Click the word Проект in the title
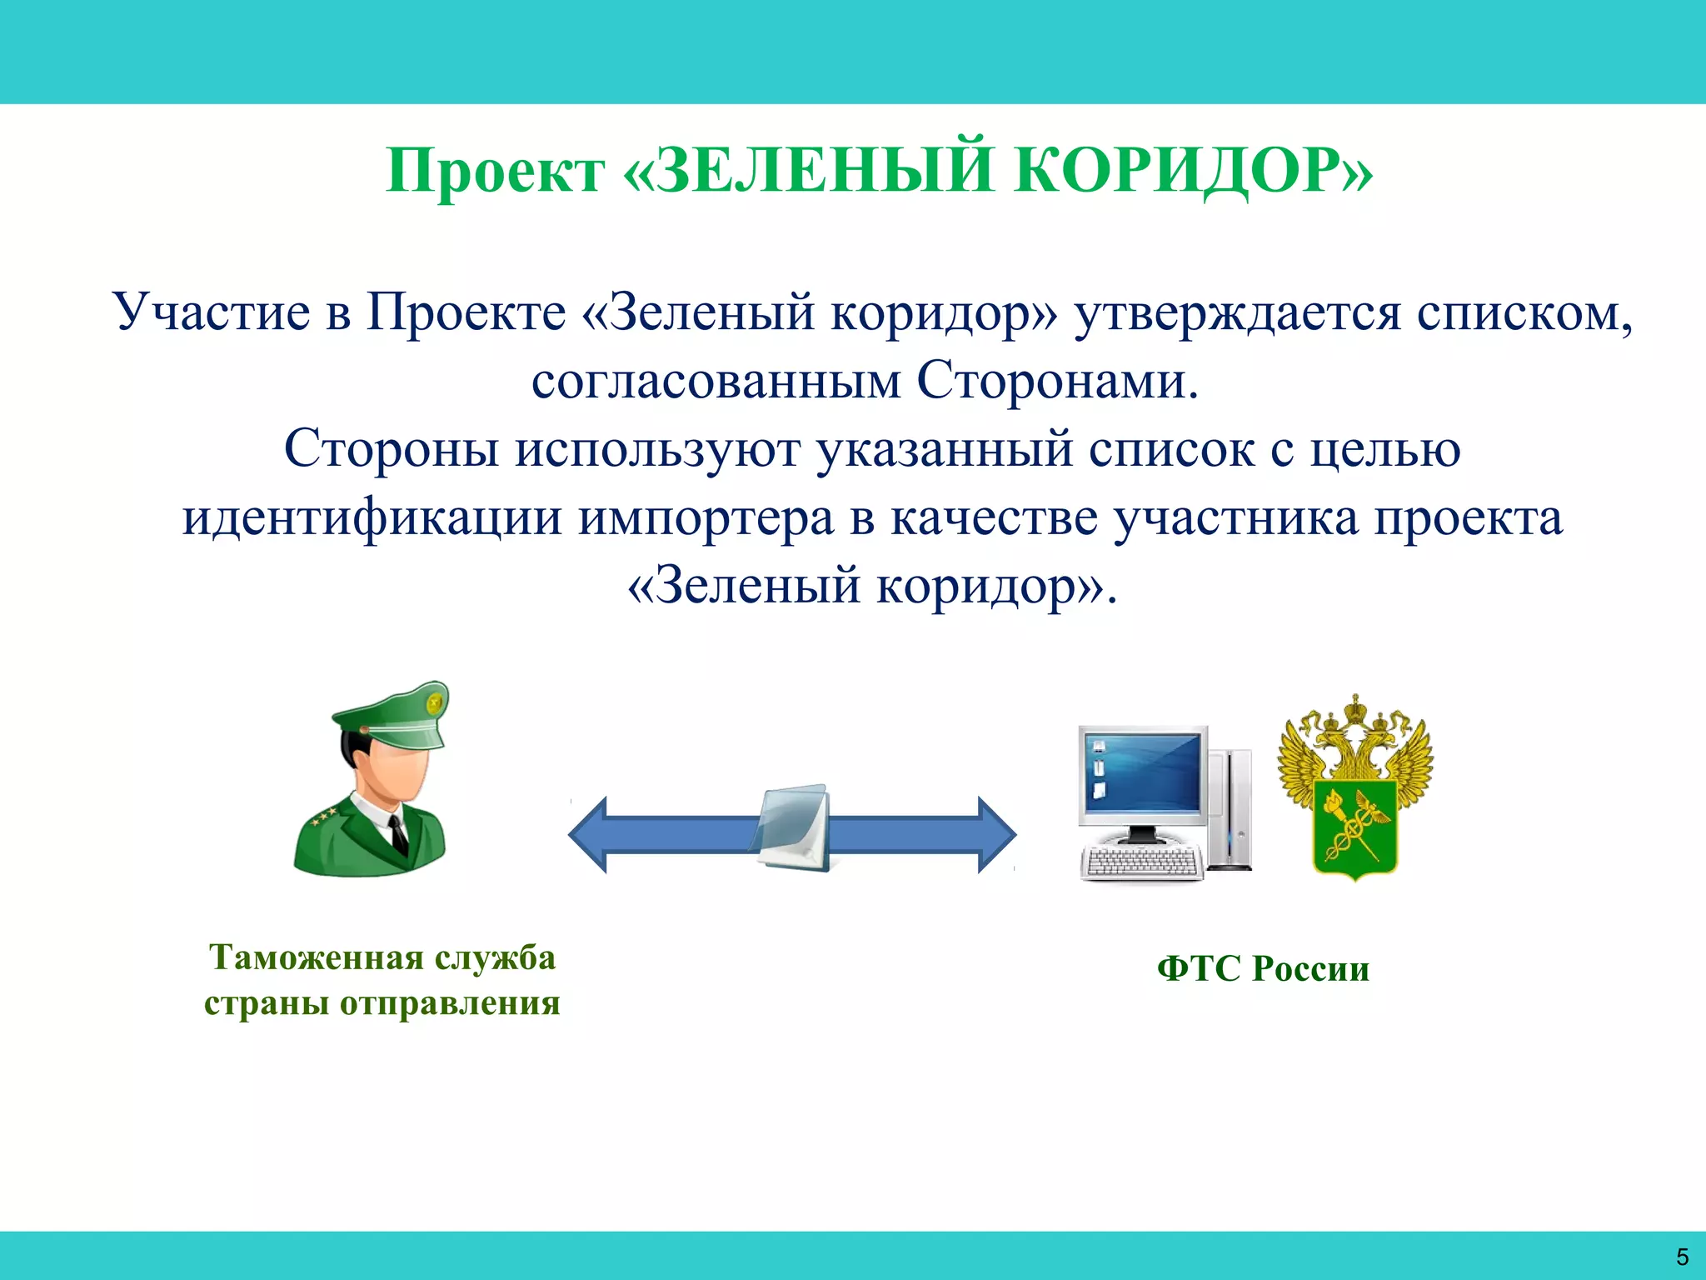click(495, 171)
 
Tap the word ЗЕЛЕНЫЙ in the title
click(825, 171)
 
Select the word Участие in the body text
click(212, 312)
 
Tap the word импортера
click(706, 518)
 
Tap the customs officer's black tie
click(398, 833)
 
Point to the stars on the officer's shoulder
click(323, 817)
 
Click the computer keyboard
click(1141, 862)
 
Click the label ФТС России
click(1263, 969)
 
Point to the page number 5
click(1682, 1257)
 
